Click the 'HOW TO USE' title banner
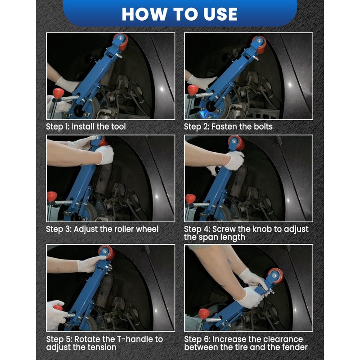[x=180, y=14]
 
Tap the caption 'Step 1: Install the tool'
[x=86, y=127]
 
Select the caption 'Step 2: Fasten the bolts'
[x=228, y=127]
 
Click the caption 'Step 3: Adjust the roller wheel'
[x=102, y=229]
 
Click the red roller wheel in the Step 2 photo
[x=260, y=45]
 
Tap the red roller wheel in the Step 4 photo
[x=237, y=143]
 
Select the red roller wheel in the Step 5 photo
[x=107, y=252]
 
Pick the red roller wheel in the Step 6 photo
[x=276, y=276]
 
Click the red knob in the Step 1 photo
[x=58, y=93]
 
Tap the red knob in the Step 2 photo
[x=193, y=90]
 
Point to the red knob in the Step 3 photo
[x=52, y=196]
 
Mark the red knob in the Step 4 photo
[x=190, y=198]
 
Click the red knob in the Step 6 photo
[x=204, y=314]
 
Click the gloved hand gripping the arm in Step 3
[x=105, y=155]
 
